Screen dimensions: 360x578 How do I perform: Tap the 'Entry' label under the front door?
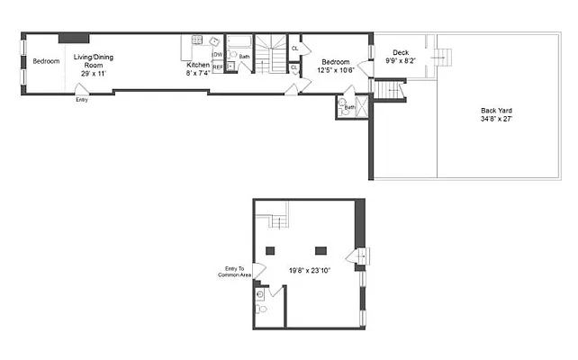coord(82,100)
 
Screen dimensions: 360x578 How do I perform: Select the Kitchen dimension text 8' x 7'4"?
coord(197,74)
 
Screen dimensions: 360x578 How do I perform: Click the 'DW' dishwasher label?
coord(216,55)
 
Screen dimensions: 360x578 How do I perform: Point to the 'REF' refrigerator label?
coord(217,67)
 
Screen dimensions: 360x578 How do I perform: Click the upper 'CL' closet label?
coord(294,49)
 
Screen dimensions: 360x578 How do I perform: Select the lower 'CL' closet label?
coord(294,68)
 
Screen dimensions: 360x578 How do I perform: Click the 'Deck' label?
coord(400,52)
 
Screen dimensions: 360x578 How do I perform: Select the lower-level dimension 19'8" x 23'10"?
coord(310,270)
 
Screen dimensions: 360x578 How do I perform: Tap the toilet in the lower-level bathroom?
coord(261,309)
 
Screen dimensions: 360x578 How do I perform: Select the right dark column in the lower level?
coord(321,250)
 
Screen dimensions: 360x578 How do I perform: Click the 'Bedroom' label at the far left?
coord(45,61)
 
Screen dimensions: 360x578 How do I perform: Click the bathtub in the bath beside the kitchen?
coord(239,40)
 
